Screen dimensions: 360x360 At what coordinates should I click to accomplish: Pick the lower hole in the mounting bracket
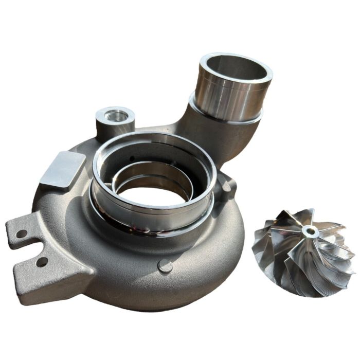click(x=42, y=262)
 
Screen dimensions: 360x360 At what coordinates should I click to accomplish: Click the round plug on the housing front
click(x=165, y=266)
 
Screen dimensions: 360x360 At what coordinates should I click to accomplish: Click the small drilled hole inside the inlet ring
click(x=132, y=158)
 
